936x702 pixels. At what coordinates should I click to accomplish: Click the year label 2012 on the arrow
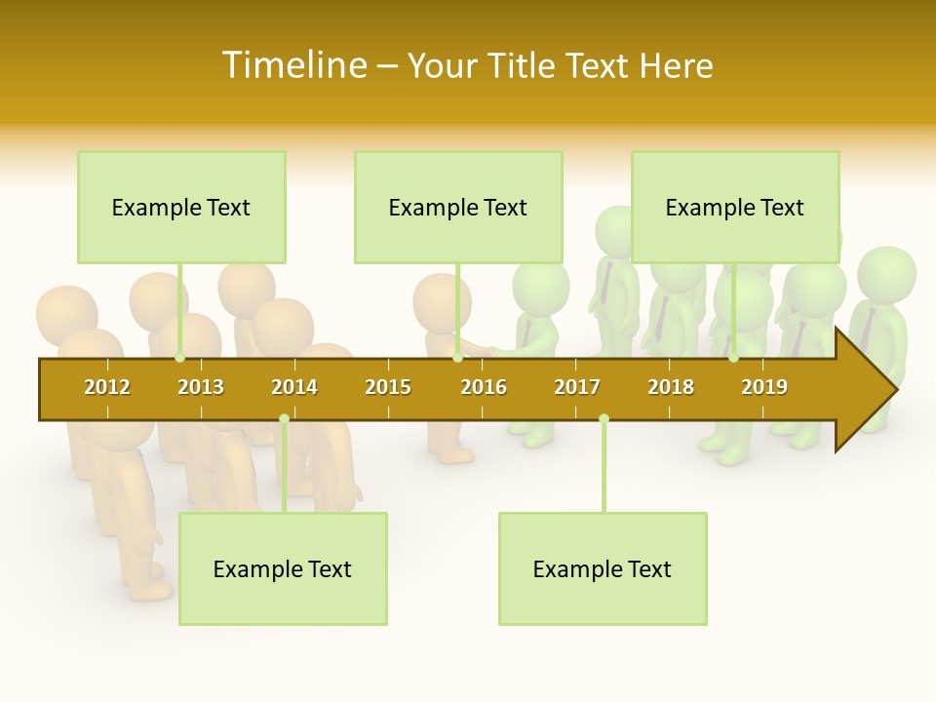(107, 387)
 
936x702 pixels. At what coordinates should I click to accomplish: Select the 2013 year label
(201, 387)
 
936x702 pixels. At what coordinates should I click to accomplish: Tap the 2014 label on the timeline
(294, 387)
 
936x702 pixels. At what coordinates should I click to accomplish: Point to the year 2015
(388, 387)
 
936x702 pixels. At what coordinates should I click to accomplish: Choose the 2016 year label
(484, 387)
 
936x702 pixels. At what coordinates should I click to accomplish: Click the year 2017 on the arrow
(577, 387)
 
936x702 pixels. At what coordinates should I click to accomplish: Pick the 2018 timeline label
(671, 387)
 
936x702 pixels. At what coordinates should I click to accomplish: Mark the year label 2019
(764, 387)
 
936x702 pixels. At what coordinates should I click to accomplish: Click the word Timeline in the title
(292, 65)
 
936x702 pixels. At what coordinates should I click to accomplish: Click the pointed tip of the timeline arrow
(894, 390)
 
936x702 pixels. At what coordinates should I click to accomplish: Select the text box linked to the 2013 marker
(181, 208)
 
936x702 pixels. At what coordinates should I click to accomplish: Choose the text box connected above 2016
(458, 208)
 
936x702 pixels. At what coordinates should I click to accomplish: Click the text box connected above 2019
(735, 208)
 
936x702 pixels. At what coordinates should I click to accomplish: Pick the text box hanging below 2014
(283, 569)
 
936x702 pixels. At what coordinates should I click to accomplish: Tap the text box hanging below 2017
(603, 569)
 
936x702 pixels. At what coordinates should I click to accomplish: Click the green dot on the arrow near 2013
(180, 358)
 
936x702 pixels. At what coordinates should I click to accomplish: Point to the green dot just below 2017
(604, 419)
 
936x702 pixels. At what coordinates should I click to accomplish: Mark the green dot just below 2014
(284, 419)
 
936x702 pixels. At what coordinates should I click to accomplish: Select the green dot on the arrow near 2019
(734, 358)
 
